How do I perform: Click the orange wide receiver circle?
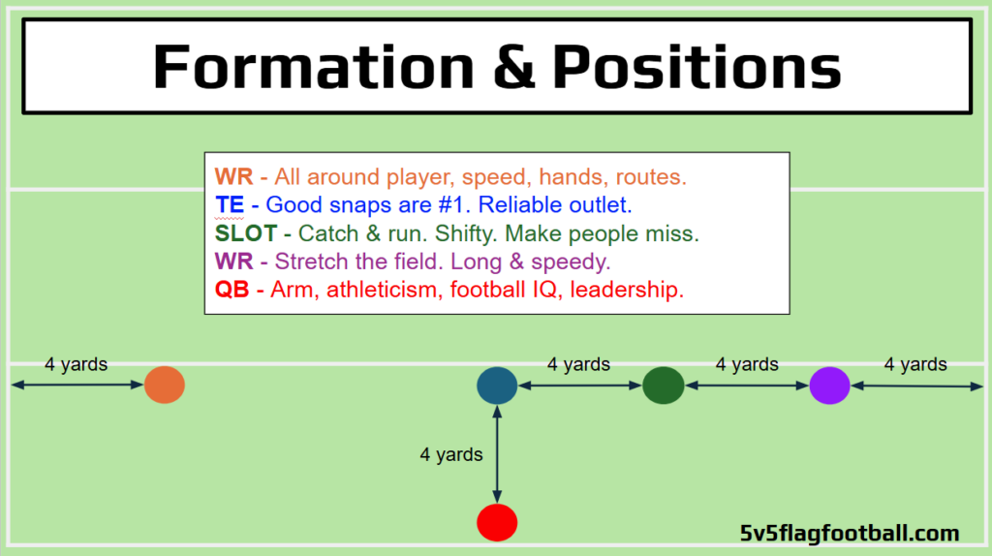pyautogui.click(x=165, y=385)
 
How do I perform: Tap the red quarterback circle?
pyautogui.click(x=497, y=522)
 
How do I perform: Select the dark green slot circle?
pyautogui.click(x=663, y=386)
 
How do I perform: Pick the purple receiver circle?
pyautogui.click(x=829, y=386)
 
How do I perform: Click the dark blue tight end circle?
pyautogui.click(x=497, y=386)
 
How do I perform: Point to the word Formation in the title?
pyautogui.click(x=314, y=67)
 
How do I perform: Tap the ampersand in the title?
pyautogui.click(x=513, y=67)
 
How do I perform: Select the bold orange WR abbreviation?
pyautogui.click(x=234, y=176)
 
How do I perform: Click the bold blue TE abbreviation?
pyautogui.click(x=230, y=204)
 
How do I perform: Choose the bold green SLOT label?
pyautogui.click(x=246, y=233)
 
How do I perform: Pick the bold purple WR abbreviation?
pyautogui.click(x=234, y=262)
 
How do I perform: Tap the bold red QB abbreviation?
pyautogui.click(x=232, y=290)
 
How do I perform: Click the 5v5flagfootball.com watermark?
pyautogui.click(x=850, y=533)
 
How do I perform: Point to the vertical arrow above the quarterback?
pyautogui.click(x=497, y=454)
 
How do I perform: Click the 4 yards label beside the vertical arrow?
pyautogui.click(x=451, y=454)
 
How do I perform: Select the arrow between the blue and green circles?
pyautogui.click(x=580, y=386)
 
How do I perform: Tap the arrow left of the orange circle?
pyautogui.click(x=77, y=385)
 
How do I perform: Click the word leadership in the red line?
pyautogui.click(x=627, y=290)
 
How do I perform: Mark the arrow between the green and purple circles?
pyautogui.click(x=747, y=386)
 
